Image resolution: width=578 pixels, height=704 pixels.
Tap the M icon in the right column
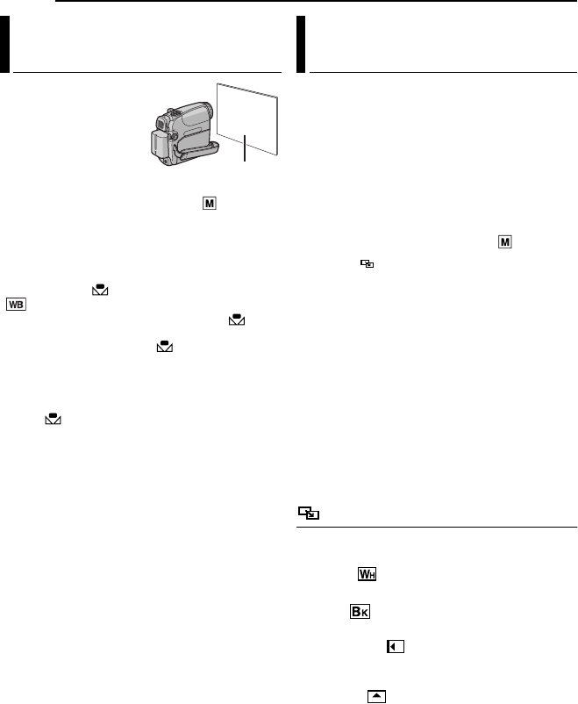503,240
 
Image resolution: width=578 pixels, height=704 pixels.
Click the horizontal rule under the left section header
147,73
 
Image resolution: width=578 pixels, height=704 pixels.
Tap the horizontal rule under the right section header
443,73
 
